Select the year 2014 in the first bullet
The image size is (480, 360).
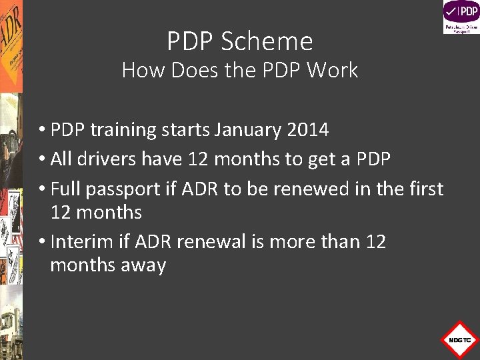[x=307, y=129]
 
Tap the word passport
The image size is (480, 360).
[x=125, y=190]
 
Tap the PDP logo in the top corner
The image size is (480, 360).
[x=461, y=17]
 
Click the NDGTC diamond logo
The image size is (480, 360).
[x=459, y=339]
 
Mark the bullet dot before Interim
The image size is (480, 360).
[x=42, y=242]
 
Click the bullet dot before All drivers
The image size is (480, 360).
[x=42, y=160]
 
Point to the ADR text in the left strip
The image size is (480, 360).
[x=11, y=40]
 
